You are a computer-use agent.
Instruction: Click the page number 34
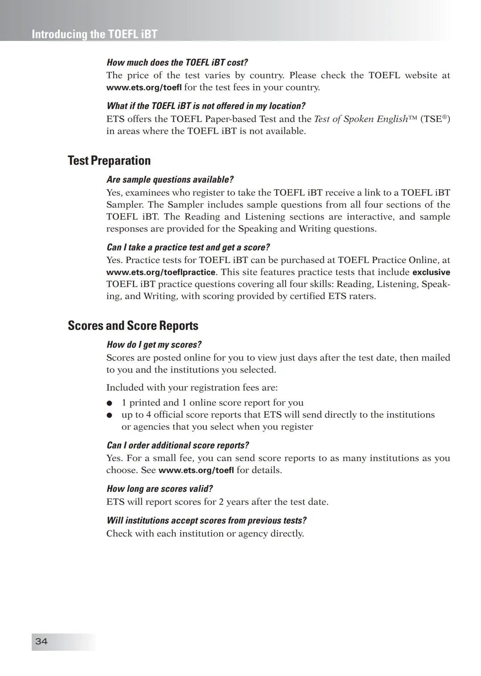pyautogui.click(x=41, y=641)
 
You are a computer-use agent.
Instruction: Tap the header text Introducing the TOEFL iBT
pyautogui.click(x=94, y=34)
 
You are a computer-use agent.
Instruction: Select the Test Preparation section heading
pyautogui.click(x=109, y=161)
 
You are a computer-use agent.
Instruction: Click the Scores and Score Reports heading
pyautogui.click(x=133, y=326)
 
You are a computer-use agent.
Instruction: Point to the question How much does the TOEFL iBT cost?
pyautogui.click(x=177, y=62)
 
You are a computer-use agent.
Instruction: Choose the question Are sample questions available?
pyautogui.click(x=170, y=180)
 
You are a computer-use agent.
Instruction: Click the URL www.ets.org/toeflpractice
pyautogui.click(x=161, y=272)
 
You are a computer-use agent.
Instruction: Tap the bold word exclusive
pyautogui.click(x=431, y=272)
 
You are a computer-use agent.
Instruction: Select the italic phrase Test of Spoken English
pyautogui.click(x=361, y=119)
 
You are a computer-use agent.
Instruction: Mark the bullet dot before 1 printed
pyautogui.click(x=109, y=403)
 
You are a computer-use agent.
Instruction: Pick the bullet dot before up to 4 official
pyautogui.click(x=109, y=415)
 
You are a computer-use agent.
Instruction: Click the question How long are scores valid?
pyautogui.click(x=159, y=489)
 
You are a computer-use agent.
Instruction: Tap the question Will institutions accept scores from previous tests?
pyautogui.click(x=206, y=521)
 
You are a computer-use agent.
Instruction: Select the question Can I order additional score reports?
pyautogui.click(x=178, y=445)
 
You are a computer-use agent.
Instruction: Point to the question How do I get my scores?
pyautogui.click(x=154, y=345)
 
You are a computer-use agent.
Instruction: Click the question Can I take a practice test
pyautogui.click(x=188, y=247)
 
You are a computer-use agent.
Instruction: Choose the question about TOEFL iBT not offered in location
pyautogui.click(x=206, y=106)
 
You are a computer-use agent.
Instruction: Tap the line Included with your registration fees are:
pyautogui.click(x=192, y=388)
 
